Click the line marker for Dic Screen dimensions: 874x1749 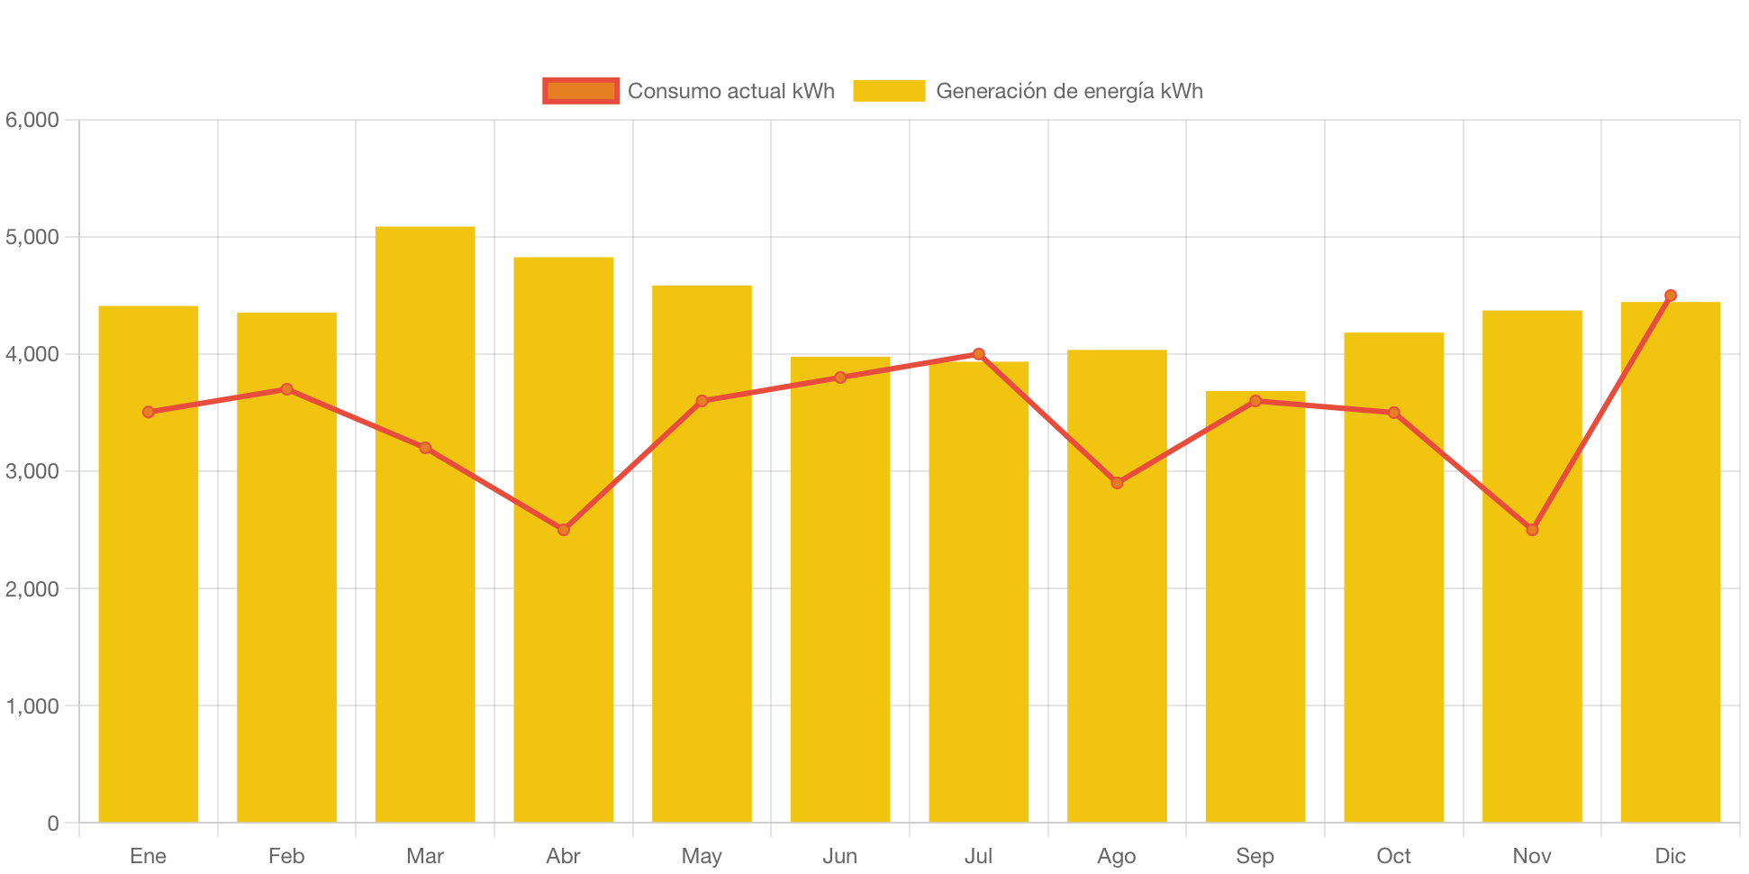(1671, 295)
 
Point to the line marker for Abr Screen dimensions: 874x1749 (564, 530)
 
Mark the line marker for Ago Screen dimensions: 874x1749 (1117, 483)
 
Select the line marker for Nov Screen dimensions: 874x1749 (1532, 530)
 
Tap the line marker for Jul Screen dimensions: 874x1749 (979, 354)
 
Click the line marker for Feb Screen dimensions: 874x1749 (286, 389)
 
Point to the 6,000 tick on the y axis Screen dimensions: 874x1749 (32, 120)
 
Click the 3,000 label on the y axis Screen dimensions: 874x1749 (32, 471)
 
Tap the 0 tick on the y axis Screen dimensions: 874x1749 (53, 823)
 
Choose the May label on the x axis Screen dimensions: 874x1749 (702, 855)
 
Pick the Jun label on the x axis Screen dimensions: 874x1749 (840, 855)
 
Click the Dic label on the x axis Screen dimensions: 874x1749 (1671, 855)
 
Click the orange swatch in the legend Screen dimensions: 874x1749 (581, 91)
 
